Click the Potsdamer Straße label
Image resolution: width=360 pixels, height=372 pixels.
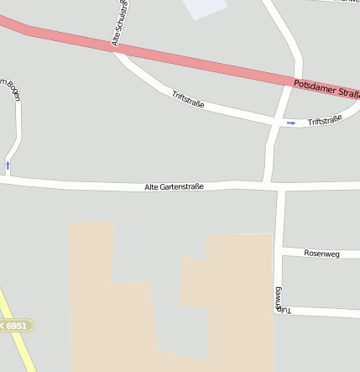tap(326, 87)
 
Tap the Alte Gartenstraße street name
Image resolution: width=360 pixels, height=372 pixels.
tap(174, 186)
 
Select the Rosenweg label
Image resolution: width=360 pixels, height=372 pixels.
tap(321, 253)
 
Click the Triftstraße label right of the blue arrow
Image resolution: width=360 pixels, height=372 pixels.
tap(325, 122)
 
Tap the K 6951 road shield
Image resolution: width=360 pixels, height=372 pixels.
tap(14, 325)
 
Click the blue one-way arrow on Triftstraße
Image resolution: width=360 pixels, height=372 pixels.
tap(291, 123)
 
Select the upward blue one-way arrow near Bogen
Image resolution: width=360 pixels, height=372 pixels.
tap(8, 165)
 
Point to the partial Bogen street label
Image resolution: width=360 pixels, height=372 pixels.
tap(12, 89)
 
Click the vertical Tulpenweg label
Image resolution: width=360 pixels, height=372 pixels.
tap(278, 299)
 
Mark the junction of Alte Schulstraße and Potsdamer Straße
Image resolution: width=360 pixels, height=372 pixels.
tap(115, 49)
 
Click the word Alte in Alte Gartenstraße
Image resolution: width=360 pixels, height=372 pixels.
tap(151, 186)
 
